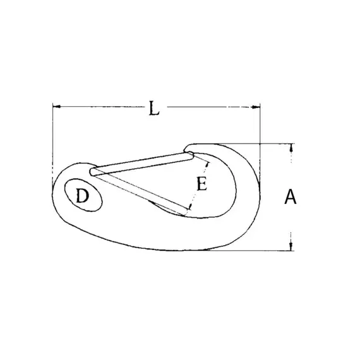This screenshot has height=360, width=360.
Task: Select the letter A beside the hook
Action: (290, 198)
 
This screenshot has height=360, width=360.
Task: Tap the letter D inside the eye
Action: (82, 196)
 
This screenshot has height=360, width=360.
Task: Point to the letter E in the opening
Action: (201, 184)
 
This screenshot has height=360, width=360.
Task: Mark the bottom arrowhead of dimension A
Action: (291, 246)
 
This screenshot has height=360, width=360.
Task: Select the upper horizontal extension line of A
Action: (253, 143)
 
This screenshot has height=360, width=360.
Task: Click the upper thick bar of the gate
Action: (142, 162)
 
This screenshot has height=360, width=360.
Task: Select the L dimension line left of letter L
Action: (101, 107)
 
